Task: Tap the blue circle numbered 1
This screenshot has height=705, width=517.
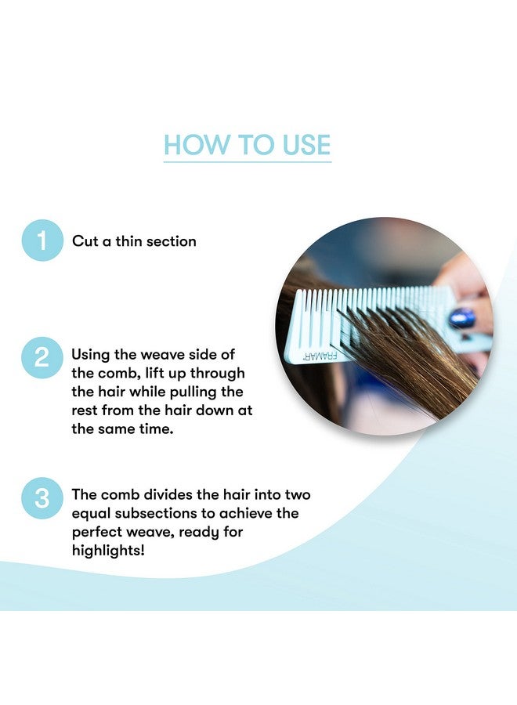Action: coord(42,240)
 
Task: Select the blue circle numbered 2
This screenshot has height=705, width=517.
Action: coord(42,356)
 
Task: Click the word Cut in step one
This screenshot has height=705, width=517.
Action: coord(85,241)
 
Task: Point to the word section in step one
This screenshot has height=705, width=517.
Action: coord(168,241)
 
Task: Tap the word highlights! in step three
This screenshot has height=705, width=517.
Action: coord(110,550)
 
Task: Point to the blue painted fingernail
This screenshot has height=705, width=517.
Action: coord(461,317)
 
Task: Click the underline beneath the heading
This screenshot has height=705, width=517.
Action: coord(247,162)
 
